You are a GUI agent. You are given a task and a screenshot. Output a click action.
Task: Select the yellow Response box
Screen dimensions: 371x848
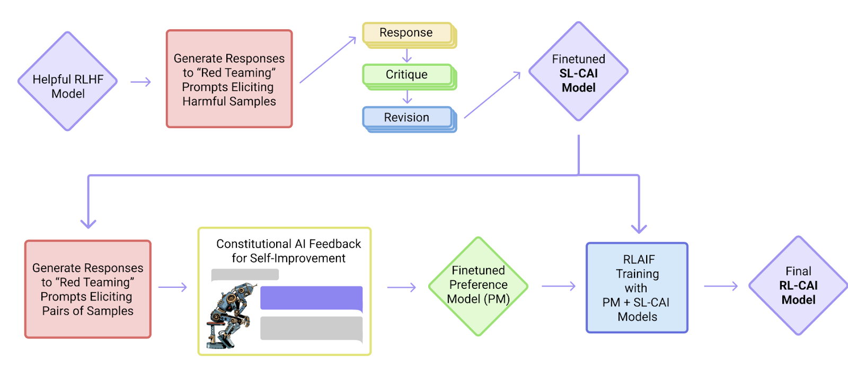(x=407, y=33)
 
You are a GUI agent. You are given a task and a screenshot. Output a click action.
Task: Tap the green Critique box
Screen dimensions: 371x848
(x=407, y=75)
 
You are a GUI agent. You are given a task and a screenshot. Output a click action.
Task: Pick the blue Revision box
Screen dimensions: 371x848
(x=407, y=118)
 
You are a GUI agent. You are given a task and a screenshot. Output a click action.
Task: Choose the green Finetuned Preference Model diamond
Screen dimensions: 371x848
(x=478, y=286)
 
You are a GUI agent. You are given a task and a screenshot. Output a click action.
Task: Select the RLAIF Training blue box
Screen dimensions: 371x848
(x=637, y=288)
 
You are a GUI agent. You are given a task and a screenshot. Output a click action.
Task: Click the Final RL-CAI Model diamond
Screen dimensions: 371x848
(x=798, y=286)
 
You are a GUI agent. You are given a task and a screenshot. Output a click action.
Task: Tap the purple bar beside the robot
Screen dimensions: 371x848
(x=311, y=298)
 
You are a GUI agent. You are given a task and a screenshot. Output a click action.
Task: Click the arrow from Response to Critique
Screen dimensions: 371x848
(x=407, y=56)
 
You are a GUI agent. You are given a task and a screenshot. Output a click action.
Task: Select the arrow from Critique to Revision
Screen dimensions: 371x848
(x=407, y=97)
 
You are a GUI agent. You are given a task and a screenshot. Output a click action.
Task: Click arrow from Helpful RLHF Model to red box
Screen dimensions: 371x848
(x=141, y=82)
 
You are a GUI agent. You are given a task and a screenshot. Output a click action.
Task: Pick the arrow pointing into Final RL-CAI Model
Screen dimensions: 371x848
(x=721, y=286)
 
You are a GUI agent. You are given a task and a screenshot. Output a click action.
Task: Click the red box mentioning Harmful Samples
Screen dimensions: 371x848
(x=229, y=79)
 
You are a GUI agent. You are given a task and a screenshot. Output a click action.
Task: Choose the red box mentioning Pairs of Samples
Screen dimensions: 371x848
(x=88, y=289)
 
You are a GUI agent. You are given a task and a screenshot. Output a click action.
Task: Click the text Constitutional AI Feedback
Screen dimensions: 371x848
(x=288, y=244)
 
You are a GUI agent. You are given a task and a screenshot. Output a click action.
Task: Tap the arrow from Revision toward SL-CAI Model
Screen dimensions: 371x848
(x=492, y=95)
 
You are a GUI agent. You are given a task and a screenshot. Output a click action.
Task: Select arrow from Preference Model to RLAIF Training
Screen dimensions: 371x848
(x=559, y=286)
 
